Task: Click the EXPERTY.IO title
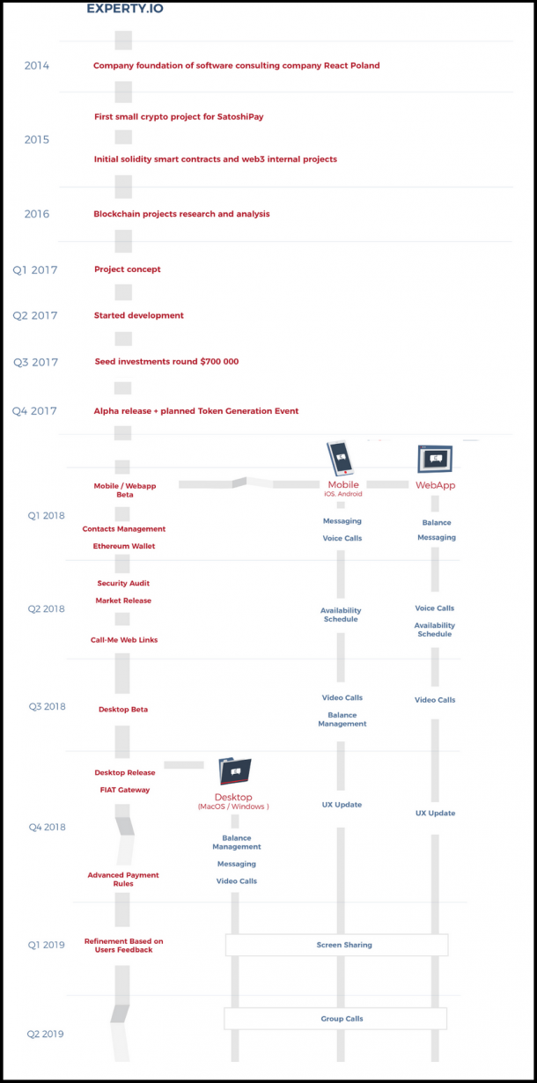click(125, 8)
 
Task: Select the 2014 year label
click(37, 66)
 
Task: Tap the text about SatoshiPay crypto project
click(179, 116)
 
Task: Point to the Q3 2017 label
click(35, 362)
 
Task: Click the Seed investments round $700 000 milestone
click(166, 361)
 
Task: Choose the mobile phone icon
click(340, 457)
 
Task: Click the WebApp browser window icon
click(435, 459)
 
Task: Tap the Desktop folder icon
click(235, 771)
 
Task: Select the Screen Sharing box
click(336, 945)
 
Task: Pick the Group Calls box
click(335, 1019)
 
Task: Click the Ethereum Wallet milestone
click(124, 546)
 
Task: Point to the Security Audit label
click(123, 583)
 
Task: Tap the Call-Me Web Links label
click(124, 639)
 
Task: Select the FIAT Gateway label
click(125, 790)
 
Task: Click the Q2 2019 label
click(45, 1034)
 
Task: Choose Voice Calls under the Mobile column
click(342, 538)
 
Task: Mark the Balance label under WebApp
click(437, 523)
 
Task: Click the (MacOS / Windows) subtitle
click(233, 807)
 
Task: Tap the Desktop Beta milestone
click(123, 710)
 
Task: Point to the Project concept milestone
click(128, 269)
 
